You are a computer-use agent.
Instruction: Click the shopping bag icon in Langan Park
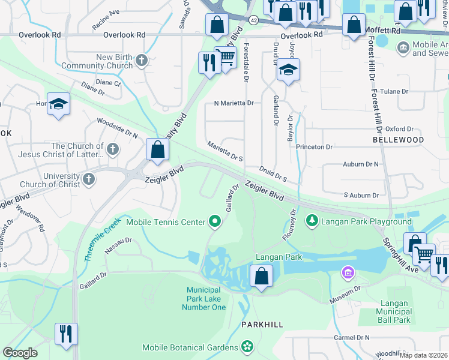tap(261, 277)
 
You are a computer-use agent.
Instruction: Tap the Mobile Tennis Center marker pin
tap(215, 222)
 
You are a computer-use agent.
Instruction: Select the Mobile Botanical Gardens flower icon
tap(246, 347)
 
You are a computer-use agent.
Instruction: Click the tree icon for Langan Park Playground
tap(312, 222)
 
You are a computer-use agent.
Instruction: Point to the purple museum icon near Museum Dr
tap(346, 273)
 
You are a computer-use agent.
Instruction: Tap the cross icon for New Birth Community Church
tap(142, 60)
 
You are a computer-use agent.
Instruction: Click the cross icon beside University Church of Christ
tap(88, 179)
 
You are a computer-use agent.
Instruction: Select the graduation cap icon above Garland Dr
tap(288, 70)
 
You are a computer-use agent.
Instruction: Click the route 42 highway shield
tap(253, 20)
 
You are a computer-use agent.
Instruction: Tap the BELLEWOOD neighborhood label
tap(398, 140)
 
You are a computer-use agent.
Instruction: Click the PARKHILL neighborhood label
tap(262, 325)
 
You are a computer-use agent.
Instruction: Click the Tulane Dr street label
tap(397, 92)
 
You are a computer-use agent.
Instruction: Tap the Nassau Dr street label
tap(119, 244)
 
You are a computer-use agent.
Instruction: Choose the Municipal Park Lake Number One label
tap(204, 299)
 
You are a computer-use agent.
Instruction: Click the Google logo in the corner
tap(20, 353)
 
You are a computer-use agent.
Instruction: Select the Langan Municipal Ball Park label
tap(394, 312)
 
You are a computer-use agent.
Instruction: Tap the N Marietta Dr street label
tap(234, 103)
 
